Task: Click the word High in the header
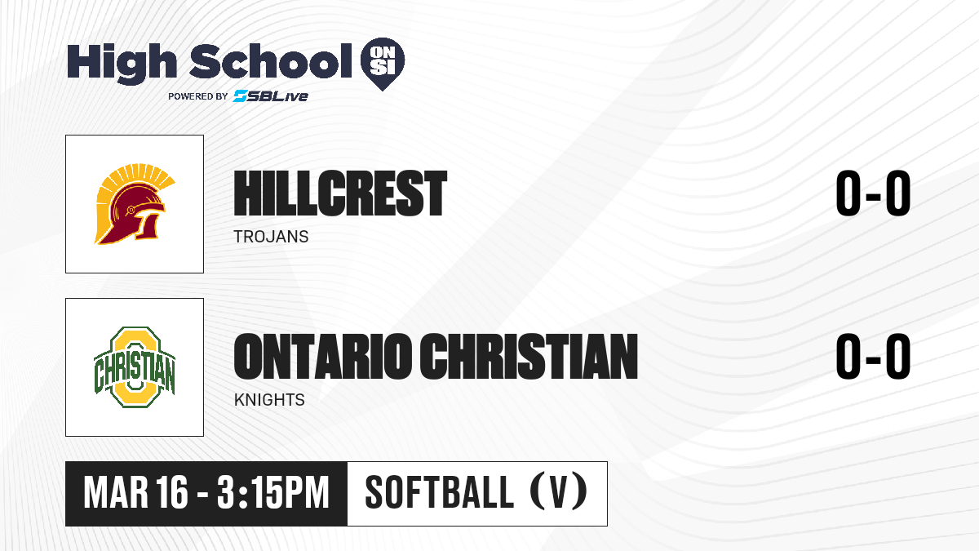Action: coord(122,64)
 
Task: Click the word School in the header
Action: coord(271,61)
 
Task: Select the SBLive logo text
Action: coord(271,96)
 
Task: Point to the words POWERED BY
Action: coord(198,96)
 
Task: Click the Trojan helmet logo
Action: coord(135,204)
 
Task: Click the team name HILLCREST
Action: coord(340,193)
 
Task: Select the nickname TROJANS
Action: coord(271,237)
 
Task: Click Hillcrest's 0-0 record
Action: coord(873,193)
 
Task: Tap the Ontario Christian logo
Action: coord(135,367)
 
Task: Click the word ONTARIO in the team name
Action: coord(322,357)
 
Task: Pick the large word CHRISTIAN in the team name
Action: coord(529,357)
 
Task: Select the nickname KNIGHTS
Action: coord(269,400)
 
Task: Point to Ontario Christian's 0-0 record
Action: coord(873,357)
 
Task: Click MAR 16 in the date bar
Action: coord(136,493)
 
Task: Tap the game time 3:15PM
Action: coord(272,493)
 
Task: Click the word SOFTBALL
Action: coord(439,493)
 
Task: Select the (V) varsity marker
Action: coord(559,492)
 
